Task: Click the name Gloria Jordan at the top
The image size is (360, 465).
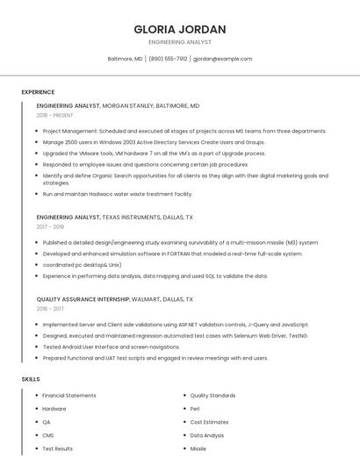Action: point(180,29)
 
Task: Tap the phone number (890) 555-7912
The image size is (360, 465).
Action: point(168,59)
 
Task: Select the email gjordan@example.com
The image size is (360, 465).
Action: point(222,59)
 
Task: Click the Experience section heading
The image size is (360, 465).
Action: point(38,92)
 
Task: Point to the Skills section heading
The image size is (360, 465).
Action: point(31,379)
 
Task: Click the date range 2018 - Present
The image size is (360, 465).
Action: point(55,115)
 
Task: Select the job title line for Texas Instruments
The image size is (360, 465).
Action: point(115,216)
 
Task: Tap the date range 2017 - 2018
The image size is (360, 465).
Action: point(51,226)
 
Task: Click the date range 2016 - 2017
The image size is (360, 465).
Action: point(51,309)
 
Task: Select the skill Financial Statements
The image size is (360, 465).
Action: point(69,396)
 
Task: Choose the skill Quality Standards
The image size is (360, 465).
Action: point(212,396)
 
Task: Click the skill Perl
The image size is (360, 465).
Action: point(195,409)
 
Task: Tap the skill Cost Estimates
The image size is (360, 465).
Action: point(209,422)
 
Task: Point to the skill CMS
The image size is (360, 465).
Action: point(48,435)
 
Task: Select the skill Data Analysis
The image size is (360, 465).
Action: point(207,435)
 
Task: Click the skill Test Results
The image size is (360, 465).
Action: point(58,448)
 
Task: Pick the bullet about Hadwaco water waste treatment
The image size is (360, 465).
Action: point(117,194)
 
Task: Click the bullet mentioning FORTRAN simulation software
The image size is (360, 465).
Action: point(172,254)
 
